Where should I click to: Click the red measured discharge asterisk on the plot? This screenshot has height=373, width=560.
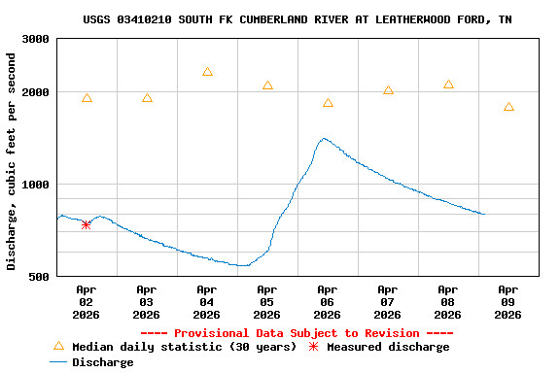point(87,224)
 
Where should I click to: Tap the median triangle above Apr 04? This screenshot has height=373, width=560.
point(207,72)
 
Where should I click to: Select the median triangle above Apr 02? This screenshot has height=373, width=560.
point(87,98)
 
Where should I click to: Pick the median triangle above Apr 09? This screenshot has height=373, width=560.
point(508,107)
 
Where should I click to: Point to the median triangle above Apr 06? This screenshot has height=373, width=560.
point(328,103)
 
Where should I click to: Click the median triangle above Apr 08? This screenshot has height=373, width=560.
point(448,85)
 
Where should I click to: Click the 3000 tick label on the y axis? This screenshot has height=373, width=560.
point(36,40)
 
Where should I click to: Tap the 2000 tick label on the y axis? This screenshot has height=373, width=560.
point(36,93)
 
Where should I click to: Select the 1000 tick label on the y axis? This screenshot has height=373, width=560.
point(36,185)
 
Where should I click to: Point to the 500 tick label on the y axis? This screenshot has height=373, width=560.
point(40,277)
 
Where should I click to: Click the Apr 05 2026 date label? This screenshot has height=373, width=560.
point(266,302)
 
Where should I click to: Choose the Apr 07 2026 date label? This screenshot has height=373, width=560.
point(387,302)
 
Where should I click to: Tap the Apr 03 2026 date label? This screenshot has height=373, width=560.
point(146,302)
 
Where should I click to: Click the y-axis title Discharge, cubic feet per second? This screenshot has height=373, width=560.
point(12,161)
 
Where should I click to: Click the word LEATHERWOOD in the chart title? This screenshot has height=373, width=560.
point(405,19)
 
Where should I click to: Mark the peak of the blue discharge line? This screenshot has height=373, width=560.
point(324,138)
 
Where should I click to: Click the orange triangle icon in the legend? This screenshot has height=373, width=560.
point(58,346)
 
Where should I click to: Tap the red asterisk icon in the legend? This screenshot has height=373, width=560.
point(313,347)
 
